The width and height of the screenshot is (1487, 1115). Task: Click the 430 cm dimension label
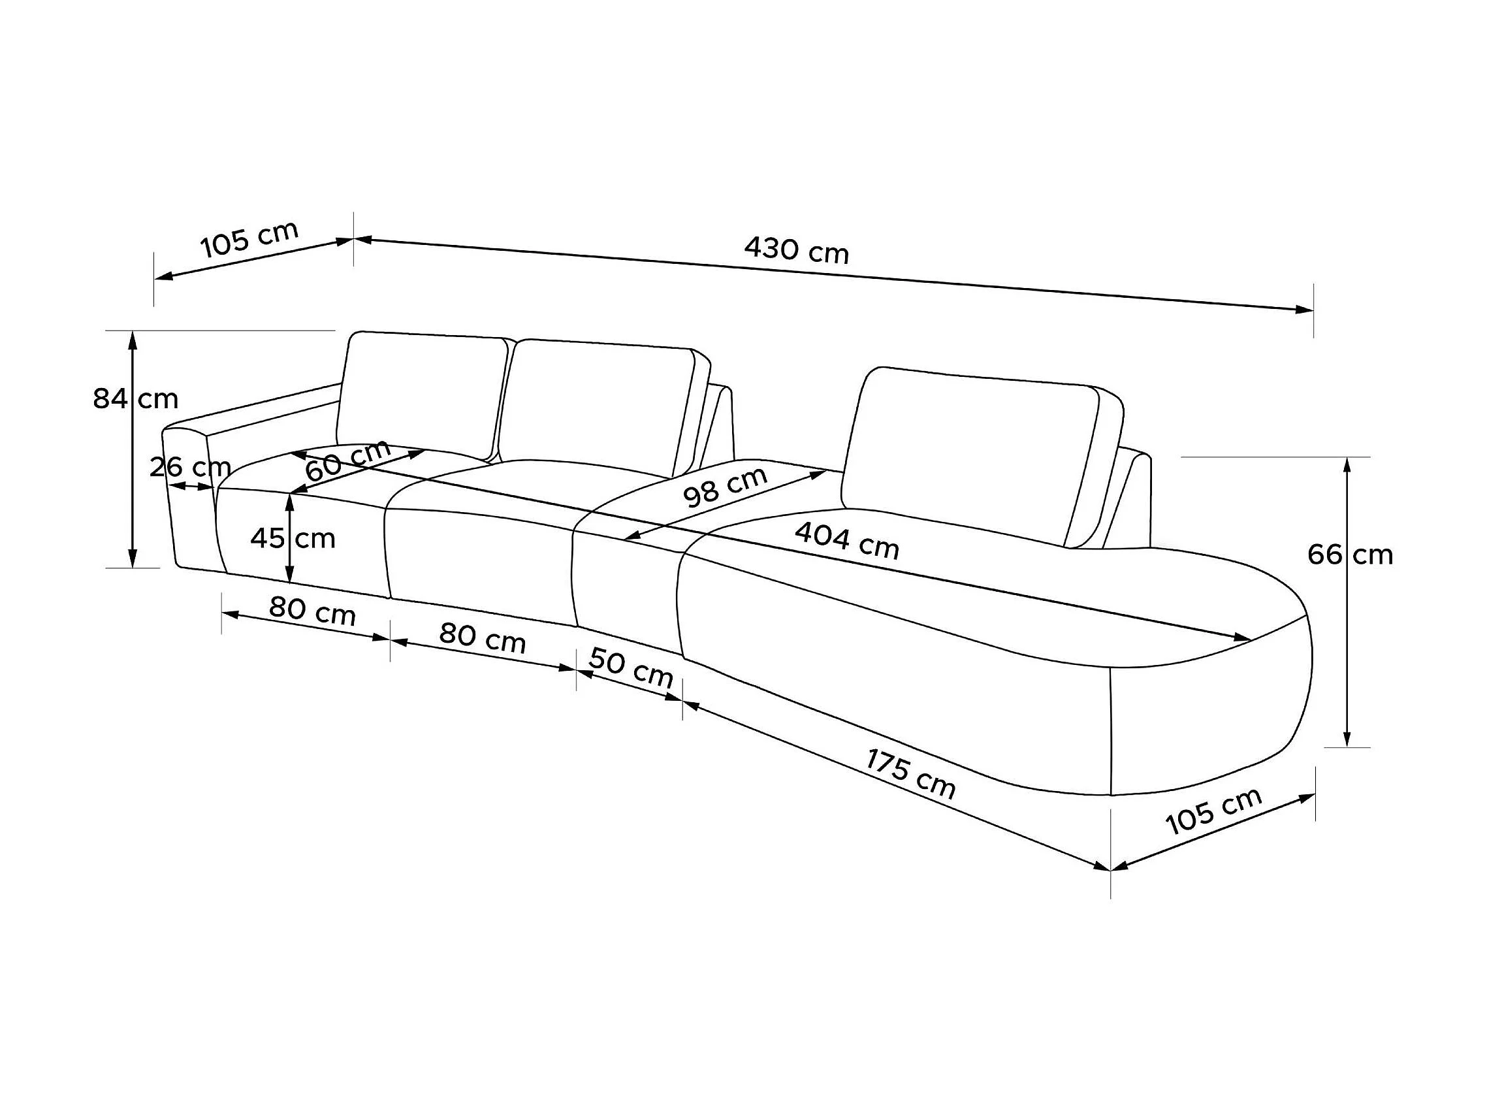click(x=796, y=250)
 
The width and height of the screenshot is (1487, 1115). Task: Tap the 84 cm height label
click(x=136, y=399)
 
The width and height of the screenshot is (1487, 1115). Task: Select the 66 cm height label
click(x=1350, y=555)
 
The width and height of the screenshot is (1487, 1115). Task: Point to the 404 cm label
click(x=846, y=541)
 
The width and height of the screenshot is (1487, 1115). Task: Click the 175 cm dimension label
click(x=910, y=774)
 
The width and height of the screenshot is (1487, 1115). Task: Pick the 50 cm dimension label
click(x=631, y=668)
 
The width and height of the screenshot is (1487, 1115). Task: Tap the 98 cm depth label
click(x=725, y=486)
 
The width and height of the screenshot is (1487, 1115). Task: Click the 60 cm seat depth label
click(x=347, y=460)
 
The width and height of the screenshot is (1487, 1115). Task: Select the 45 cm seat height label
click(x=293, y=538)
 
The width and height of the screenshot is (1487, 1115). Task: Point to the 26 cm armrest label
click(x=190, y=467)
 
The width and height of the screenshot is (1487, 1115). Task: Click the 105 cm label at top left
click(x=249, y=238)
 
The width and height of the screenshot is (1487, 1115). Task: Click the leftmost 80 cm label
click(x=312, y=611)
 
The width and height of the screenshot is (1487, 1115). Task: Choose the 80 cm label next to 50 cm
click(x=482, y=638)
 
